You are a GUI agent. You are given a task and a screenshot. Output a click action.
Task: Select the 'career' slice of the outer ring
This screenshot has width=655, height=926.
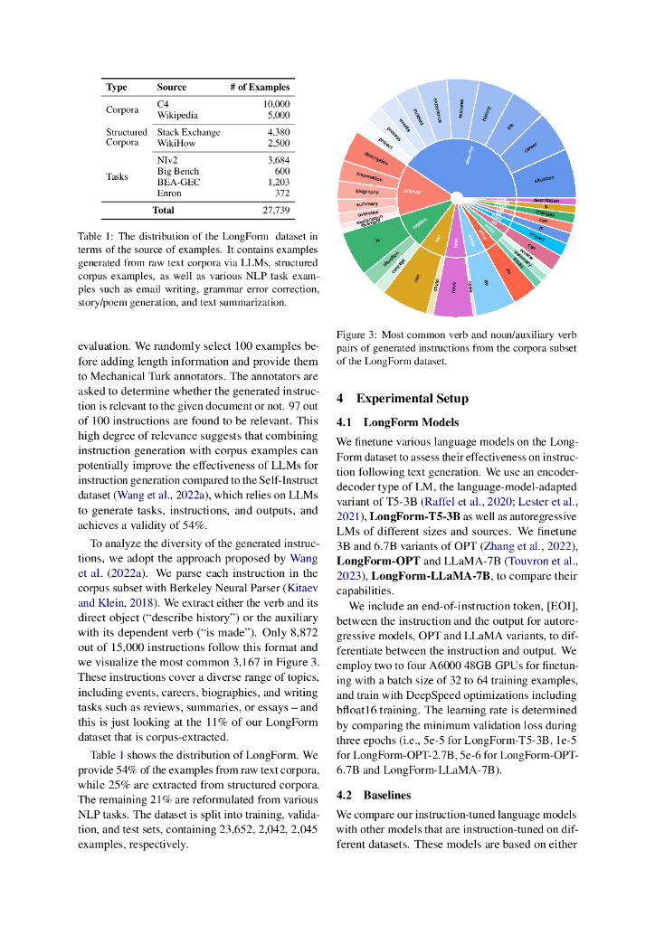529,146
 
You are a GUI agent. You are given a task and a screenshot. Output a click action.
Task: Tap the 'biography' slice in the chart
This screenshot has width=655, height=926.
361,192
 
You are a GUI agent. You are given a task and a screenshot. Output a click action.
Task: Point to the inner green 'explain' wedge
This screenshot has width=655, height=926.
419,221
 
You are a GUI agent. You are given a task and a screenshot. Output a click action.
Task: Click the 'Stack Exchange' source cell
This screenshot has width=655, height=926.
188,132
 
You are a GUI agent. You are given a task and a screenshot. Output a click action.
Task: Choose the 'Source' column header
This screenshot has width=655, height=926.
171,88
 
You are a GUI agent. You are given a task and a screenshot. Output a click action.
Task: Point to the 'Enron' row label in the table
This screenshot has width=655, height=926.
169,193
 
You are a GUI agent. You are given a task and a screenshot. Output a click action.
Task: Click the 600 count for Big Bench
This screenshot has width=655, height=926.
281,171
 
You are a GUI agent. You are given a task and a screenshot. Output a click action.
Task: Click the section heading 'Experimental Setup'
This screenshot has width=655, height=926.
412,399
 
